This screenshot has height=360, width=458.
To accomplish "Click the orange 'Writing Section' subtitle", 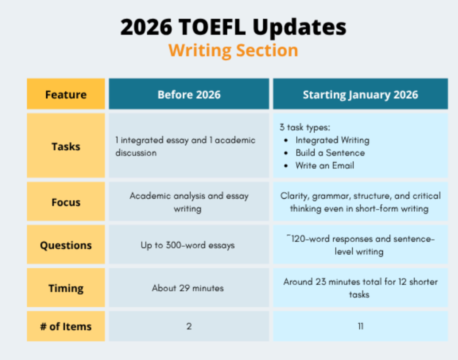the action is tap(233, 50).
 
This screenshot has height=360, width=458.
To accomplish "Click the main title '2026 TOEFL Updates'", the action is tap(233, 27).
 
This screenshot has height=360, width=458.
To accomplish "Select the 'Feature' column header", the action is tap(66, 95).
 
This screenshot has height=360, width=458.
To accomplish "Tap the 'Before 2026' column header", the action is tap(189, 95).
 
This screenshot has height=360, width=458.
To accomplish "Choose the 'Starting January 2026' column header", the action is tap(360, 95).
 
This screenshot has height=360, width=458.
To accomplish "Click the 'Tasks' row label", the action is tap(66, 146).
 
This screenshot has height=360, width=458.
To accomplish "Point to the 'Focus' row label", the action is tap(66, 202).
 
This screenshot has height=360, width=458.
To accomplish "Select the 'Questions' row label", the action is tap(66, 245).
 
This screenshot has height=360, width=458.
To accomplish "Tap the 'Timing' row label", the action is tap(66, 288).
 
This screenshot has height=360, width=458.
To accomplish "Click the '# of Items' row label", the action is tap(66, 326).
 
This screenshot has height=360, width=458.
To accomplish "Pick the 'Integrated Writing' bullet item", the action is tap(332, 141).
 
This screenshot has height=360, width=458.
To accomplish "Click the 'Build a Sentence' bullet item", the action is tap(330, 153).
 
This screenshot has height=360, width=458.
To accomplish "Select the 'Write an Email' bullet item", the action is tap(325, 166).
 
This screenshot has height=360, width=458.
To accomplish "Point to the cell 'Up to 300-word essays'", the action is tap(188, 245).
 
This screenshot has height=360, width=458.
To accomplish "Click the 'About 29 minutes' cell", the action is tap(188, 288).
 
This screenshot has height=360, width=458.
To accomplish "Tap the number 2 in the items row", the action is tap(189, 326).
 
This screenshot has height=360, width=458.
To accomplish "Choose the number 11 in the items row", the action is tap(361, 326).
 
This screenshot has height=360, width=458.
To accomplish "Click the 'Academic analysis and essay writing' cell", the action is tap(189, 202).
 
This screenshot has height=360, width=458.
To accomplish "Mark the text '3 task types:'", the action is tap(305, 127).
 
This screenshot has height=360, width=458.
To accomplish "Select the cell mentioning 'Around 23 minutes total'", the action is tap(360, 288).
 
